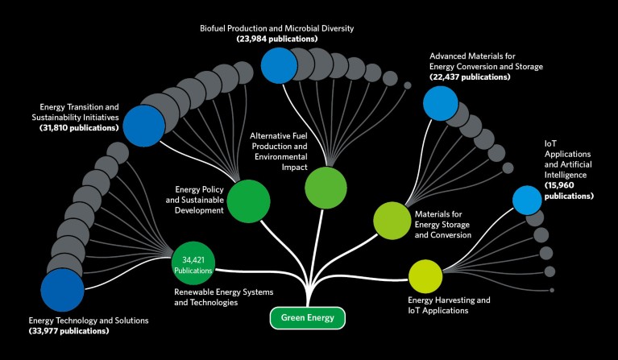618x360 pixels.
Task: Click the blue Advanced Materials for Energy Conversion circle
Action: [x=440, y=102]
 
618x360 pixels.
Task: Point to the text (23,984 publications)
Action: [x=276, y=39]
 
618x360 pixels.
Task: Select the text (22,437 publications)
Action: [x=471, y=77]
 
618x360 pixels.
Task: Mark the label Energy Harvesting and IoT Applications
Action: [x=449, y=305]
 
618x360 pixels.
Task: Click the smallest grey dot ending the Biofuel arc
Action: [x=407, y=85]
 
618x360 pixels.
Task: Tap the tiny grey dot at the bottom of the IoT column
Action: [x=552, y=290]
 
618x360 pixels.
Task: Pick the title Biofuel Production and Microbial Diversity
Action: [x=276, y=28]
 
